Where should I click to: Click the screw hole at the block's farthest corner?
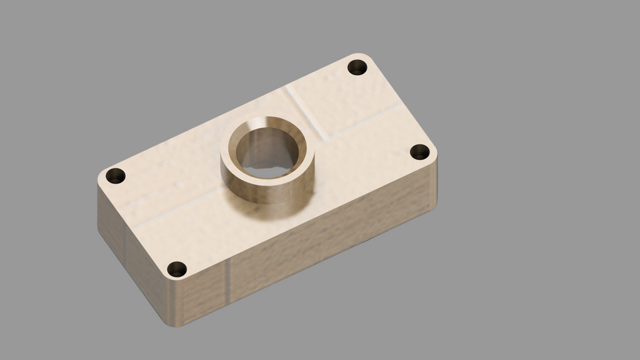[357, 67]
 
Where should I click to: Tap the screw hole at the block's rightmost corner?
[419, 152]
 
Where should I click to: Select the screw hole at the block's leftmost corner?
[116, 176]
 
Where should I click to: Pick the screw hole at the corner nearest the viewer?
[177, 269]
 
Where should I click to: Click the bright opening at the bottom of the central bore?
[268, 167]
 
